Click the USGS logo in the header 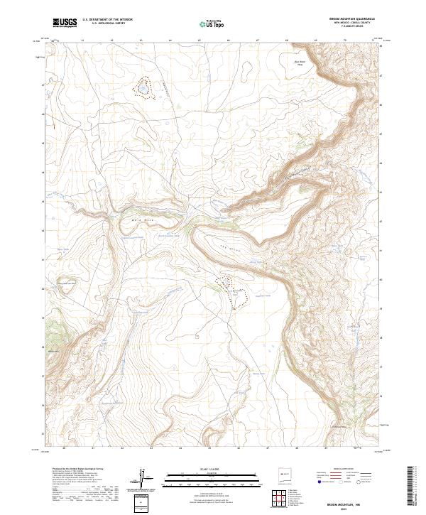[65, 23]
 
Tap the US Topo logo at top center [212, 23]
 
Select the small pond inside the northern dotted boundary [143, 89]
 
